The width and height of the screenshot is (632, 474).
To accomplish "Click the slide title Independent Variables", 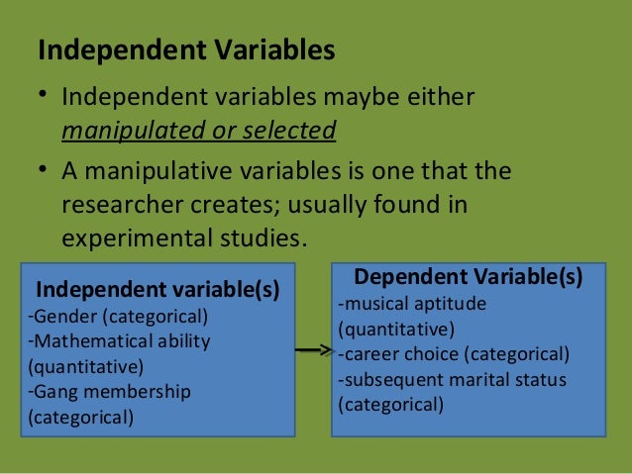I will tap(186, 49).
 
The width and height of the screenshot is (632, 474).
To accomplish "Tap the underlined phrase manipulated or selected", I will tap(199, 130).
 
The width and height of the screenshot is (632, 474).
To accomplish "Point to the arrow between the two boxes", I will tap(313, 350).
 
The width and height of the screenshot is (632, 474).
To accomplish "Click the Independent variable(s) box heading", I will tap(158, 290).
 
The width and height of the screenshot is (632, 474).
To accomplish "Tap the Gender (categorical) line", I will tap(118, 317).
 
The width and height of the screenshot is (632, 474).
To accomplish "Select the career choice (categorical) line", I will tap(454, 354).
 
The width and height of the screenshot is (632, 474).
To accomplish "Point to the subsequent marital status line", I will tap(453, 380).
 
